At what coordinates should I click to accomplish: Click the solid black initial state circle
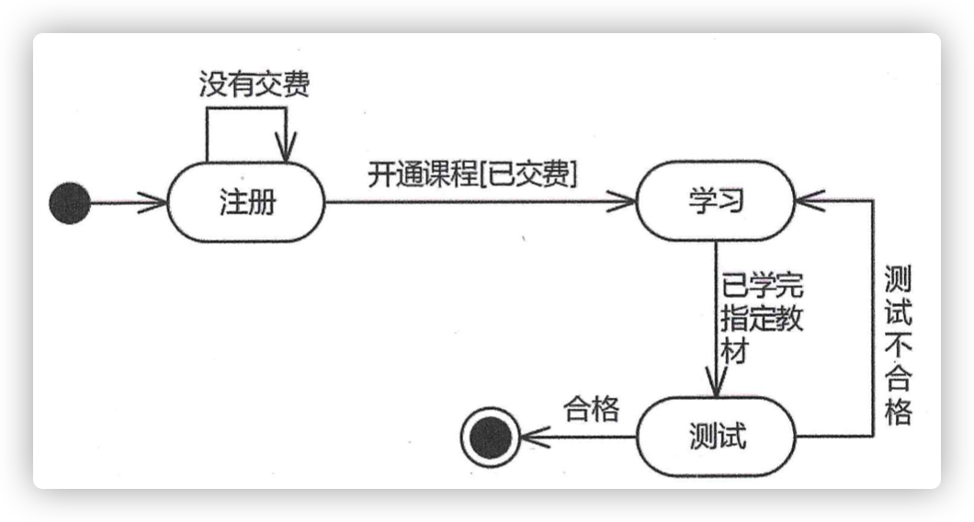[x=70, y=202]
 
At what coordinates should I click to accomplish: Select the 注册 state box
[x=246, y=202]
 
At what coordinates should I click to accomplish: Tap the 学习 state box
[x=716, y=200]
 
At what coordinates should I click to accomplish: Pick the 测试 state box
[x=716, y=437]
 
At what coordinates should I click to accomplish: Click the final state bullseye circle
[x=490, y=437]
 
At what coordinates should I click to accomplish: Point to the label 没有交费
[x=255, y=84]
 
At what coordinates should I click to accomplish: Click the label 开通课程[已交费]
[x=472, y=174]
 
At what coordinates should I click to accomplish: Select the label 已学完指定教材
[x=762, y=318]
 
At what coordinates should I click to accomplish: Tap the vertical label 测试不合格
[x=899, y=345]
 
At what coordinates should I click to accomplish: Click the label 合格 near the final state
[x=592, y=409]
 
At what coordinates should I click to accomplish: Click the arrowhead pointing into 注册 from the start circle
[x=154, y=202]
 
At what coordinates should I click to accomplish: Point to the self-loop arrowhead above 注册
[x=286, y=147]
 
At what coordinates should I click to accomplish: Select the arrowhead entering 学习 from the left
[x=622, y=201]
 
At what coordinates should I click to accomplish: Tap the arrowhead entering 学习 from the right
[x=810, y=200]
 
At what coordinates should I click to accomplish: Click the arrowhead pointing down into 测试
[x=716, y=381]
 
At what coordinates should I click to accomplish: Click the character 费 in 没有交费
[x=296, y=84]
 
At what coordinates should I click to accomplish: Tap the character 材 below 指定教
[x=735, y=351]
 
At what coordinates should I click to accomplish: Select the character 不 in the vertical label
[x=899, y=345]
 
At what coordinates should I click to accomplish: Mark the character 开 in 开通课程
[x=381, y=174]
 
